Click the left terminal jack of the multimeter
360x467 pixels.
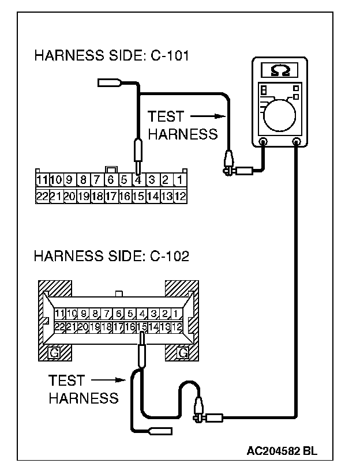click(263, 141)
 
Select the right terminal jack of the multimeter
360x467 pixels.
click(297, 141)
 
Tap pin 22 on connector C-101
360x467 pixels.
click(42, 195)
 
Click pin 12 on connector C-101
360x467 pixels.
click(179, 195)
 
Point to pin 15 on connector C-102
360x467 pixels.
click(142, 327)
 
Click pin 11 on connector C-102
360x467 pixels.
click(59, 314)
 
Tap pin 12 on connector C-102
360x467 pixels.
click(177, 327)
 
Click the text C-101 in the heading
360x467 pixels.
click(169, 56)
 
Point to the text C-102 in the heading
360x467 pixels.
click(168, 256)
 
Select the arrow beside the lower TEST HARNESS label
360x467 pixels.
click(109, 380)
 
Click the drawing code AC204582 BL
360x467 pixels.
click(282, 449)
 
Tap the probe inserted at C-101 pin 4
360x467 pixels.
click(138, 153)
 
